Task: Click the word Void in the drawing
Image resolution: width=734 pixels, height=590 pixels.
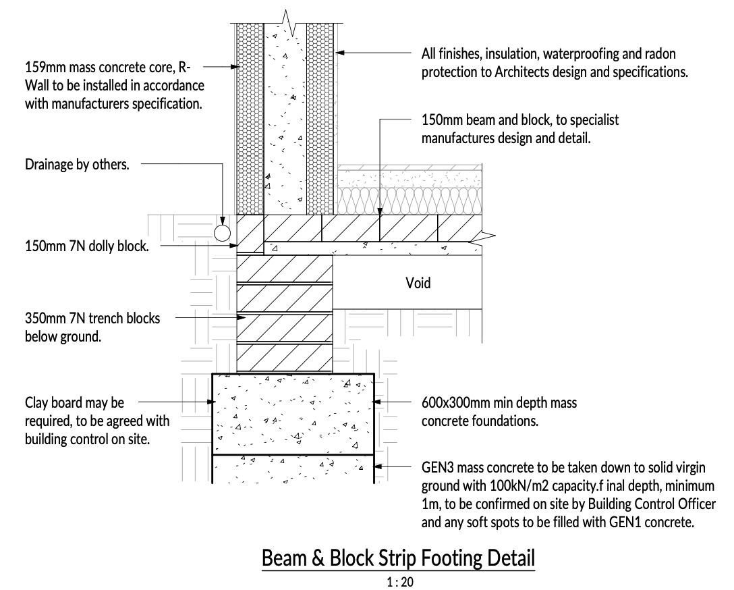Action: click(418, 283)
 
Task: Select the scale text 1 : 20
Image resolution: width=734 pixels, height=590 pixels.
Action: click(400, 582)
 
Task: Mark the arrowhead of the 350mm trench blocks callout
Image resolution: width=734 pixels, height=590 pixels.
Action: click(242, 317)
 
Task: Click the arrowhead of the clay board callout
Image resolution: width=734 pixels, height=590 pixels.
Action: click(212, 402)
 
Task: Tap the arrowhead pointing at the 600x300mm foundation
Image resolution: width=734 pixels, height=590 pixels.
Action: click(377, 402)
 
